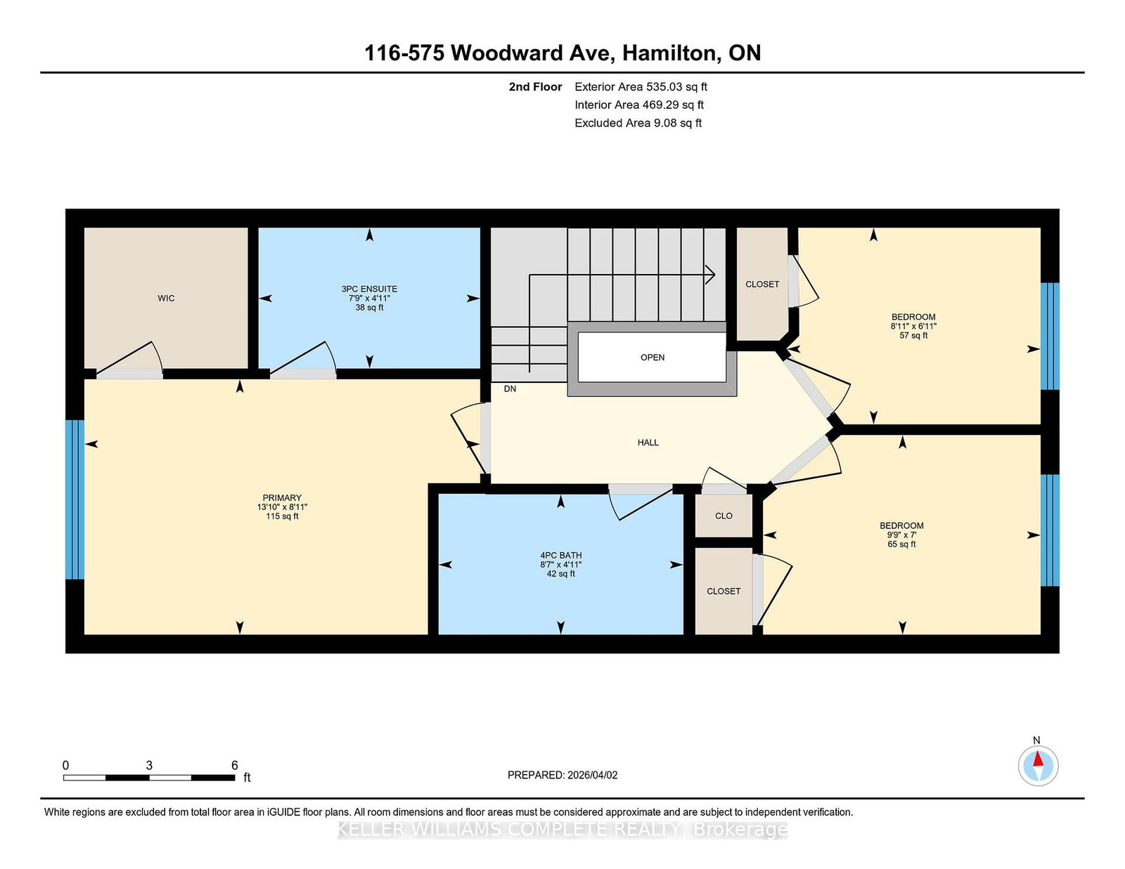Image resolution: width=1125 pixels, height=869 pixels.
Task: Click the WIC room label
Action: pyautogui.click(x=166, y=299)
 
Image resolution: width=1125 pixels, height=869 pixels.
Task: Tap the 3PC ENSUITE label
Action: pyautogui.click(x=369, y=289)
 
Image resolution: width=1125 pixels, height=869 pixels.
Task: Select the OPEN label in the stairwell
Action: pyautogui.click(x=652, y=358)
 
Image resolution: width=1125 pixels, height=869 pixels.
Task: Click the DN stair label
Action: pyautogui.click(x=510, y=389)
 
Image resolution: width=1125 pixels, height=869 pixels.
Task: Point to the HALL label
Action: pyautogui.click(x=648, y=443)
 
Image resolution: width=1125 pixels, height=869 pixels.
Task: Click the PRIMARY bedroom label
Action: pyautogui.click(x=282, y=498)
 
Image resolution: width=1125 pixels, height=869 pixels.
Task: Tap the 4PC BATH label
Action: pyautogui.click(x=560, y=556)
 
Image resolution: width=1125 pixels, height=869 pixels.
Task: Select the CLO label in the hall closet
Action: pyautogui.click(x=724, y=516)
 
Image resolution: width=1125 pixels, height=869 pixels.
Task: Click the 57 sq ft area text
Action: pyautogui.click(x=913, y=335)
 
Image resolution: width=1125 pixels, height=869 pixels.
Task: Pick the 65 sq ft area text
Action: pyautogui.click(x=901, y=544)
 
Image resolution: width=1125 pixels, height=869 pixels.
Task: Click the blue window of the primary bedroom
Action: pyautogui.click(x=75, y=499)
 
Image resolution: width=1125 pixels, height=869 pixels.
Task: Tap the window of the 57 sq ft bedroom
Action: pyautogui.click(x=1050, y=337)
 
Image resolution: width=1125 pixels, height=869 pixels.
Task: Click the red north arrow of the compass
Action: pyautogui.click(x=1038, y=759)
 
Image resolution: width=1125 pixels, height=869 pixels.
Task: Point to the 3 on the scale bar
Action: pyautogui.click(x=149, y=766)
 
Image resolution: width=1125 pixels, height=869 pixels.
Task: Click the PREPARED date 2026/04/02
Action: pyautogui.click(x=592, y=775)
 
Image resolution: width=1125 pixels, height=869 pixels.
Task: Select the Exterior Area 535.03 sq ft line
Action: pyautogui.click(x=641, y=87)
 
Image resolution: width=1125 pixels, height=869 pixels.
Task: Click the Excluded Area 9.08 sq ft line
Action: pyautogui.click(x=638, y=123)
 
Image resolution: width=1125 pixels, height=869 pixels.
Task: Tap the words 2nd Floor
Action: pyautogui.click(x=535, y=87)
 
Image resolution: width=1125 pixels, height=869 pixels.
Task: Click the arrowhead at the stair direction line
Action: pyautogui.click(x=712, y=275)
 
